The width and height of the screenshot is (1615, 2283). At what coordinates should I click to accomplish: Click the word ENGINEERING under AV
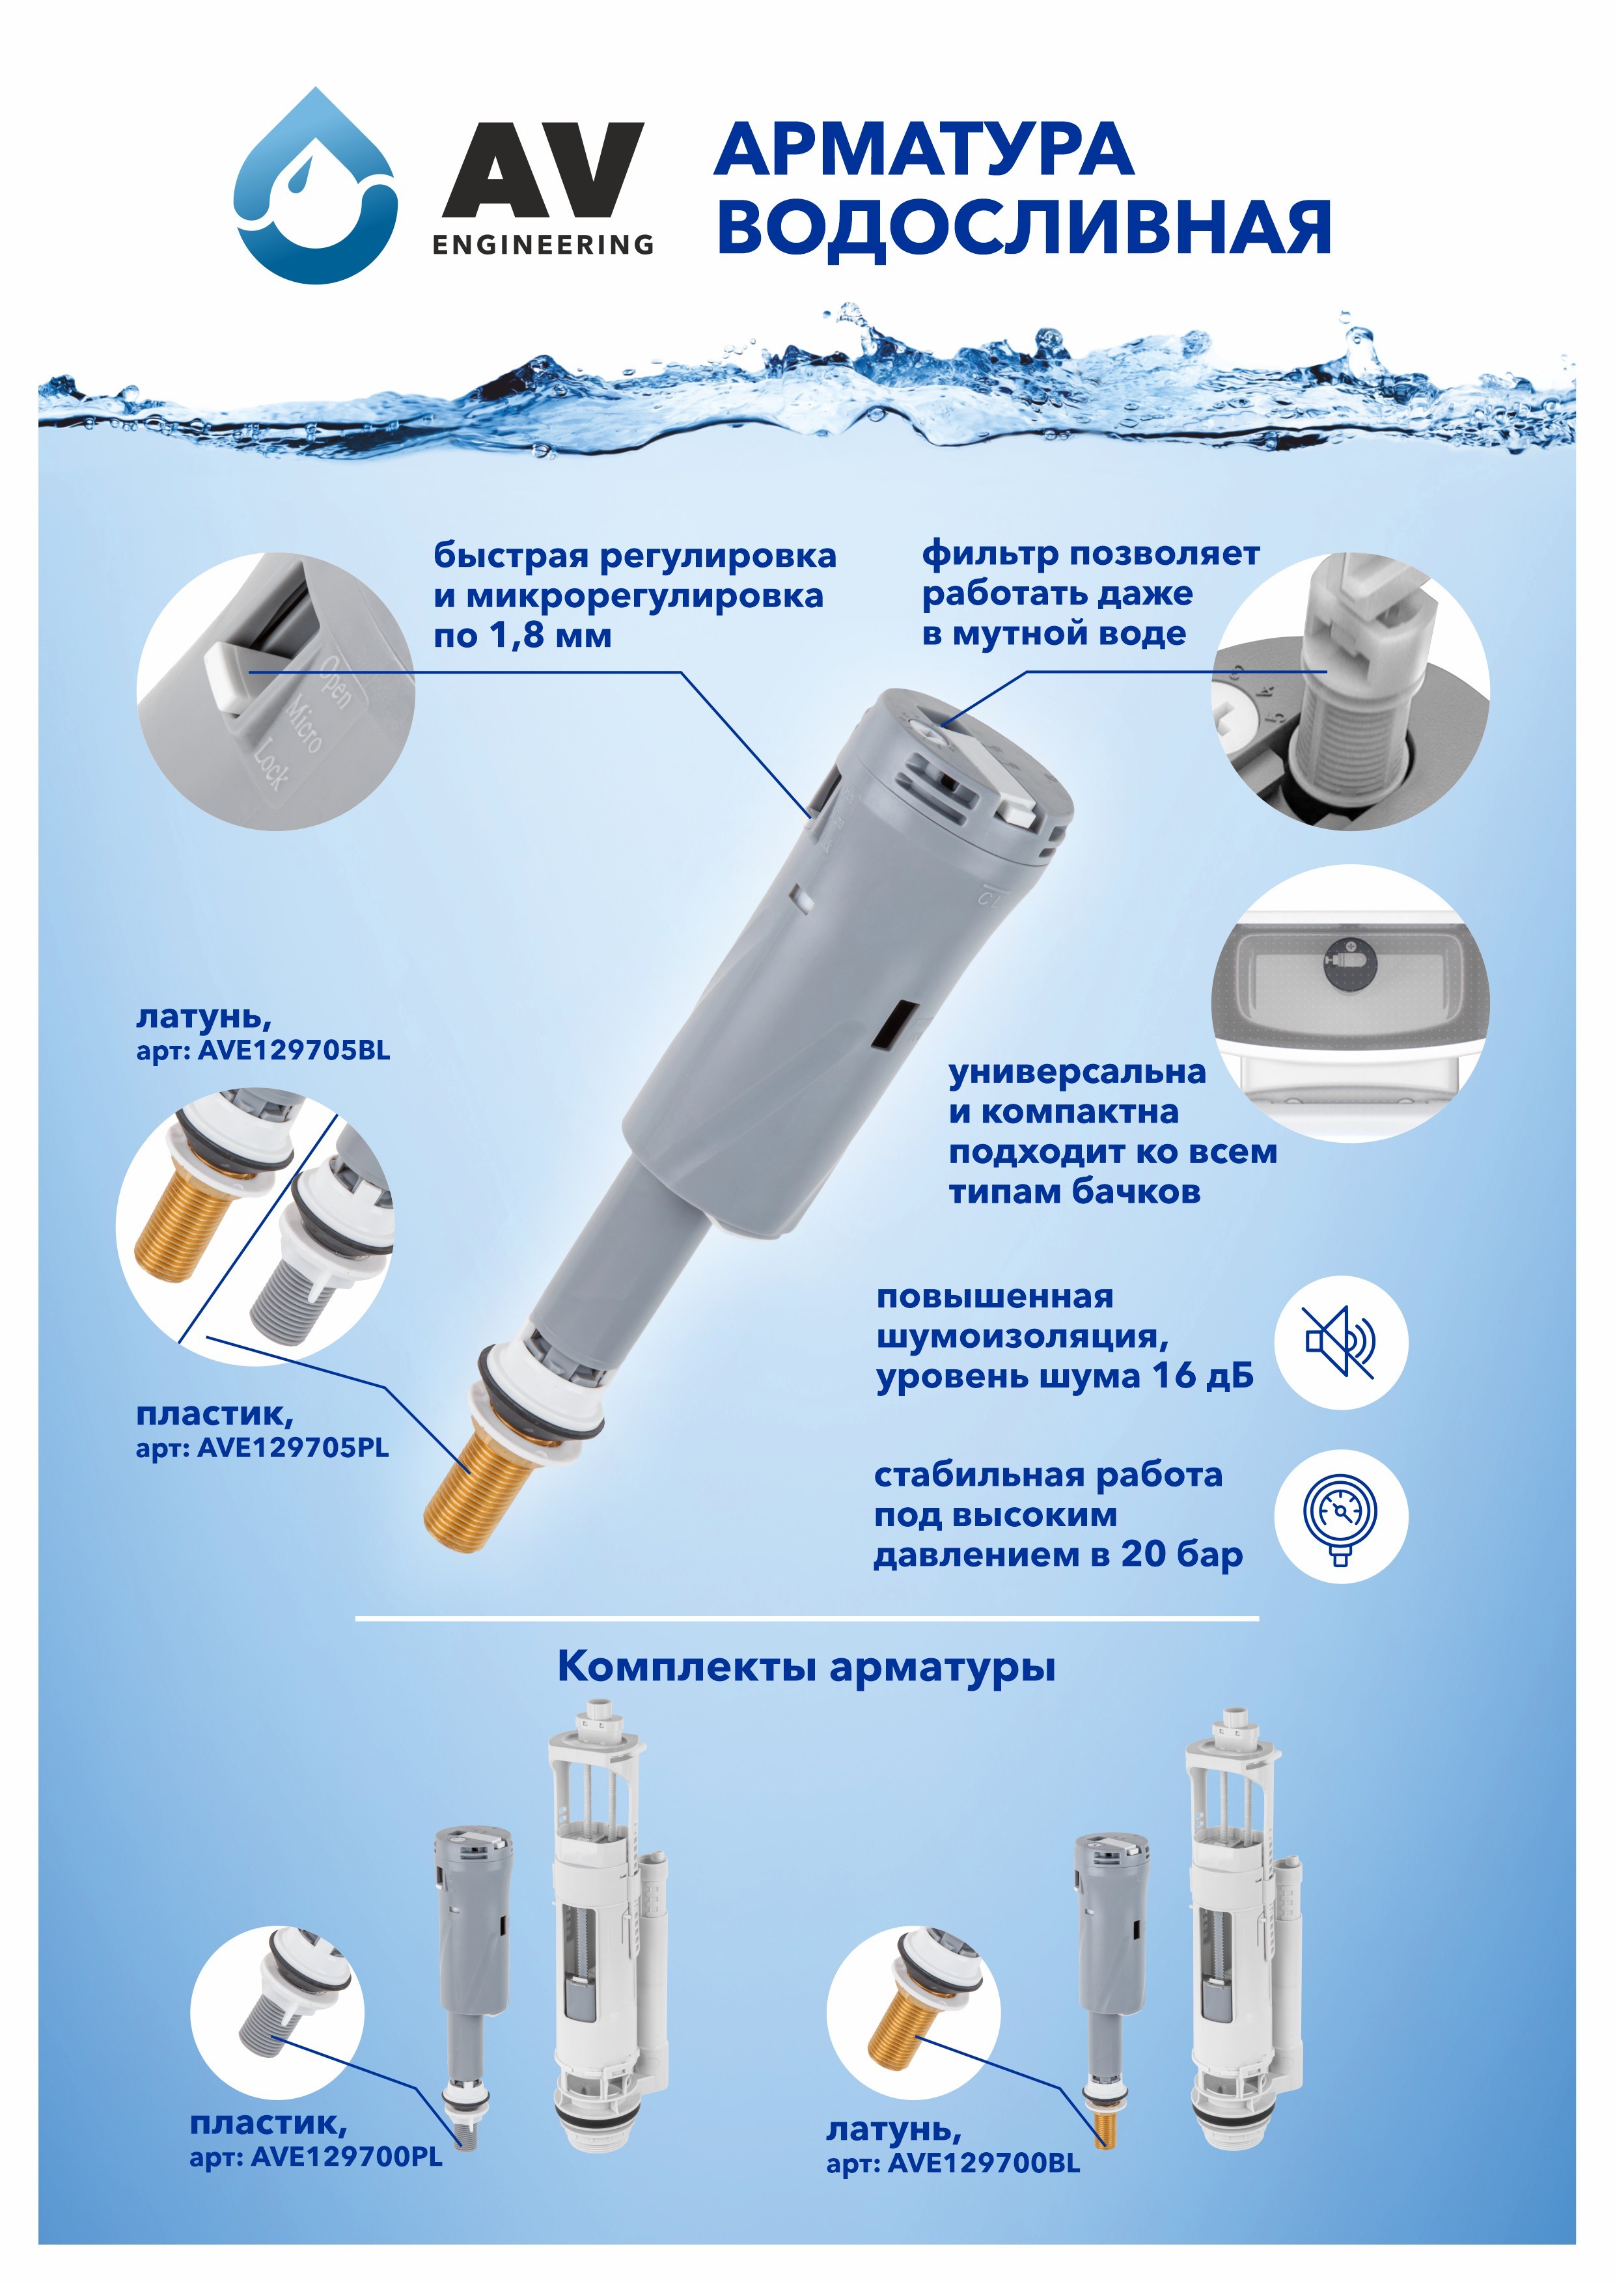click(x=543, y=245)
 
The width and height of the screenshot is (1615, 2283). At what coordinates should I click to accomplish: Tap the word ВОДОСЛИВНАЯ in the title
click(x=1025, y=228)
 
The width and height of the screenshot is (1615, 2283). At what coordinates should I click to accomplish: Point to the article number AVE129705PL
click(x=294, y=1448)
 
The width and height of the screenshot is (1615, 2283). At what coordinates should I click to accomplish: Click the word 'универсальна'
click(x=1077, y=1072)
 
